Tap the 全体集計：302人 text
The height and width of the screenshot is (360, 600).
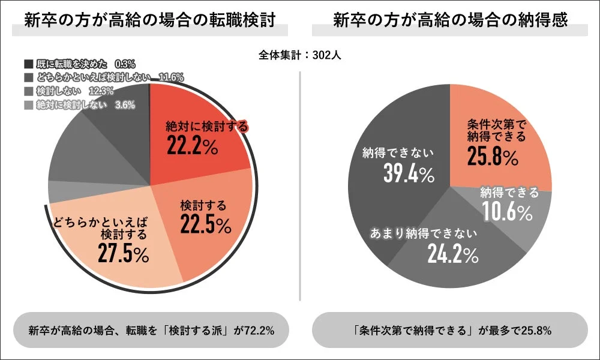[x=300, y=55]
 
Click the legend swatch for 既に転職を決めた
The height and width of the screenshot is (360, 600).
[x=28, y=63]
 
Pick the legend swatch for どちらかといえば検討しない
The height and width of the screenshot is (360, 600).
[x=28, y=77]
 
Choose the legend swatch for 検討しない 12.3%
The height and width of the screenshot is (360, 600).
[x=28, y=91]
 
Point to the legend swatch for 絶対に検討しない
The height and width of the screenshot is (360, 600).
[x=28, y=105]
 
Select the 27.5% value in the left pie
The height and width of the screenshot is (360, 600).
[x=123, y=253]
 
